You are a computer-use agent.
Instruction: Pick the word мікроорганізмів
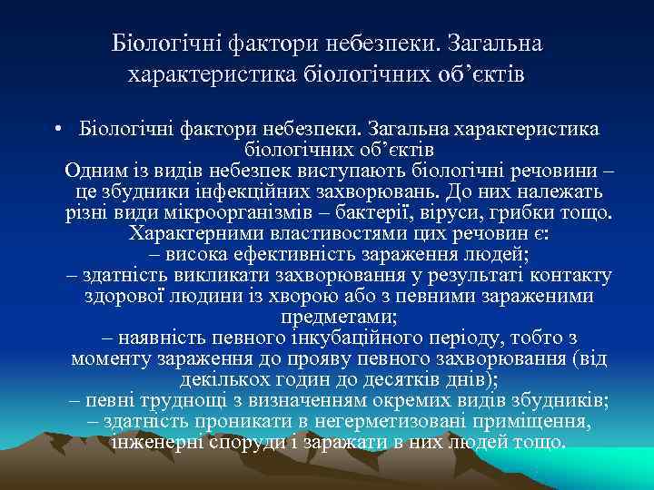(307, 213)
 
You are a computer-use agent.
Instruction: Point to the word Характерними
(190, 233)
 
